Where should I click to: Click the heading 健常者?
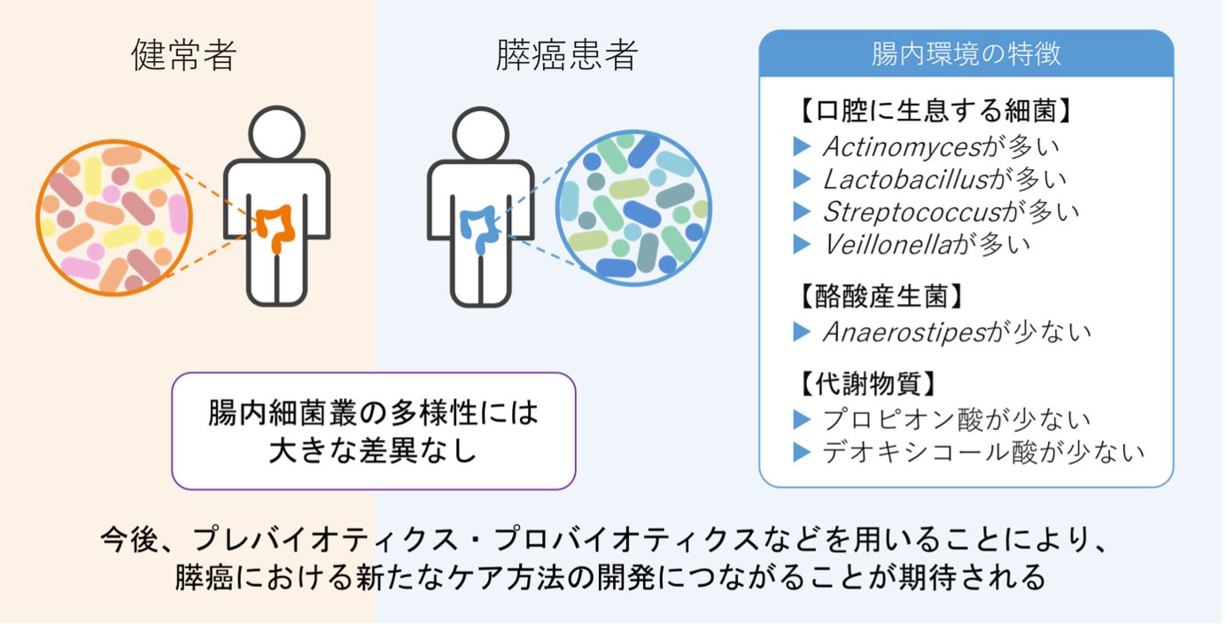(184, 55)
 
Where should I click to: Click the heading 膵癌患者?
(567, 55)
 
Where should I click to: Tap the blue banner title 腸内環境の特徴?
(966, 55)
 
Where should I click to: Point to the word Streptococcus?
(912, 211)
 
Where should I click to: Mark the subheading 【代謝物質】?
(864, 385)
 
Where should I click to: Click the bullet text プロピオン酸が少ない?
(957, 418)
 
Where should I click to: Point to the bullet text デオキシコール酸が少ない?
(983, 452)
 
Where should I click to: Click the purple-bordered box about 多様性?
(373, 431)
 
